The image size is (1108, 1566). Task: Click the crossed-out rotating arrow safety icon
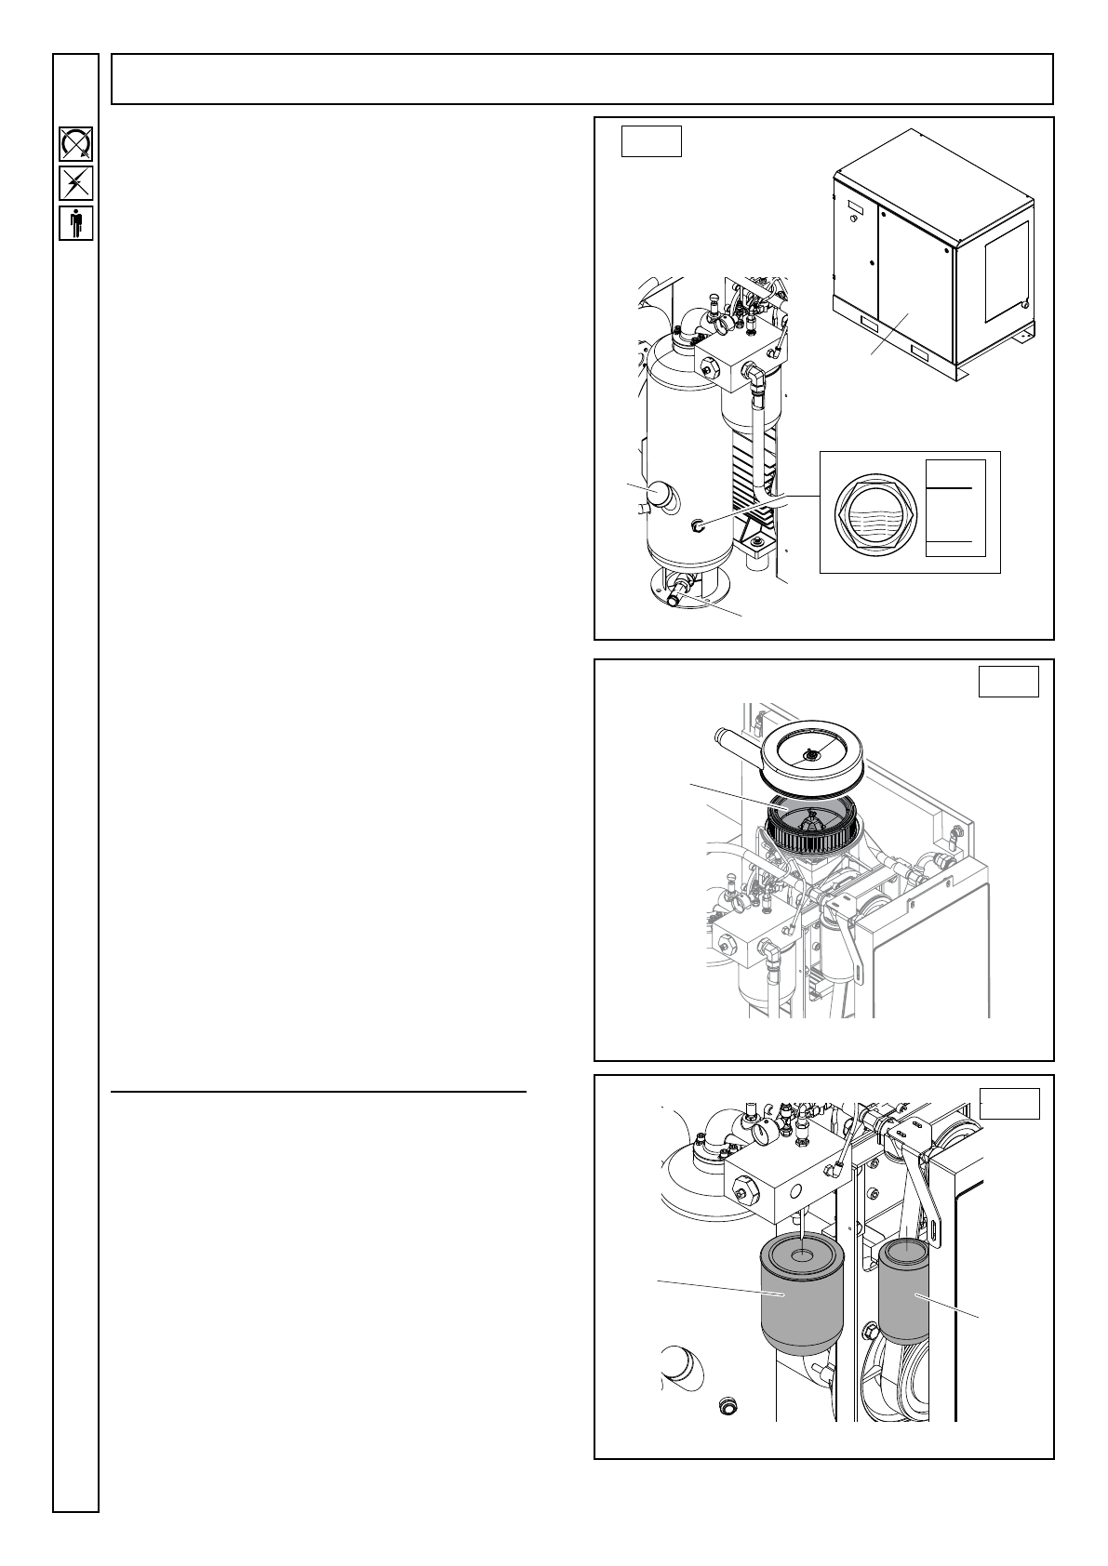click(75, 144)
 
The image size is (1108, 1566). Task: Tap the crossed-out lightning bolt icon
click(75, 183)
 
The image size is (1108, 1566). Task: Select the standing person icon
click(75, 224)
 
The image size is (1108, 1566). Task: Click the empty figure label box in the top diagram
click(652, 141)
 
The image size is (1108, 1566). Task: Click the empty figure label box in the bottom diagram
click(1010, 1103)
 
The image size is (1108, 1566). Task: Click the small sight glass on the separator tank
click(698, 526)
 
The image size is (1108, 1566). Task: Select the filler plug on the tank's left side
click(661, 494)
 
